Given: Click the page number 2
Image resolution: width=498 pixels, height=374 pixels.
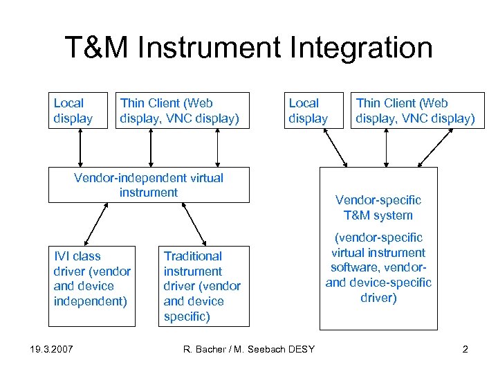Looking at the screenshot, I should point(465,349).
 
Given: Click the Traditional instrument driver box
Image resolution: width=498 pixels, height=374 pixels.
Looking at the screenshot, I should point(203,285).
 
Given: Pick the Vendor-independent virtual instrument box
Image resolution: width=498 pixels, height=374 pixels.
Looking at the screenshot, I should point(148,185).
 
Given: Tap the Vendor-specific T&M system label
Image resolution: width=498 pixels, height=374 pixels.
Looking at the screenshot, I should point(378,207).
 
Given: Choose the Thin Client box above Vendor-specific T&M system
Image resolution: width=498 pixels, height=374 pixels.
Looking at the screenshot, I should point(415,111).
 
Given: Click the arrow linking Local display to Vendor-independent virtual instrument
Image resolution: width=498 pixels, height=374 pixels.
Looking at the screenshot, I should point(81,148).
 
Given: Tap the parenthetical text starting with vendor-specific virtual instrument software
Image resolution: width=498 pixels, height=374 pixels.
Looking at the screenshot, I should point(378,267).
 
